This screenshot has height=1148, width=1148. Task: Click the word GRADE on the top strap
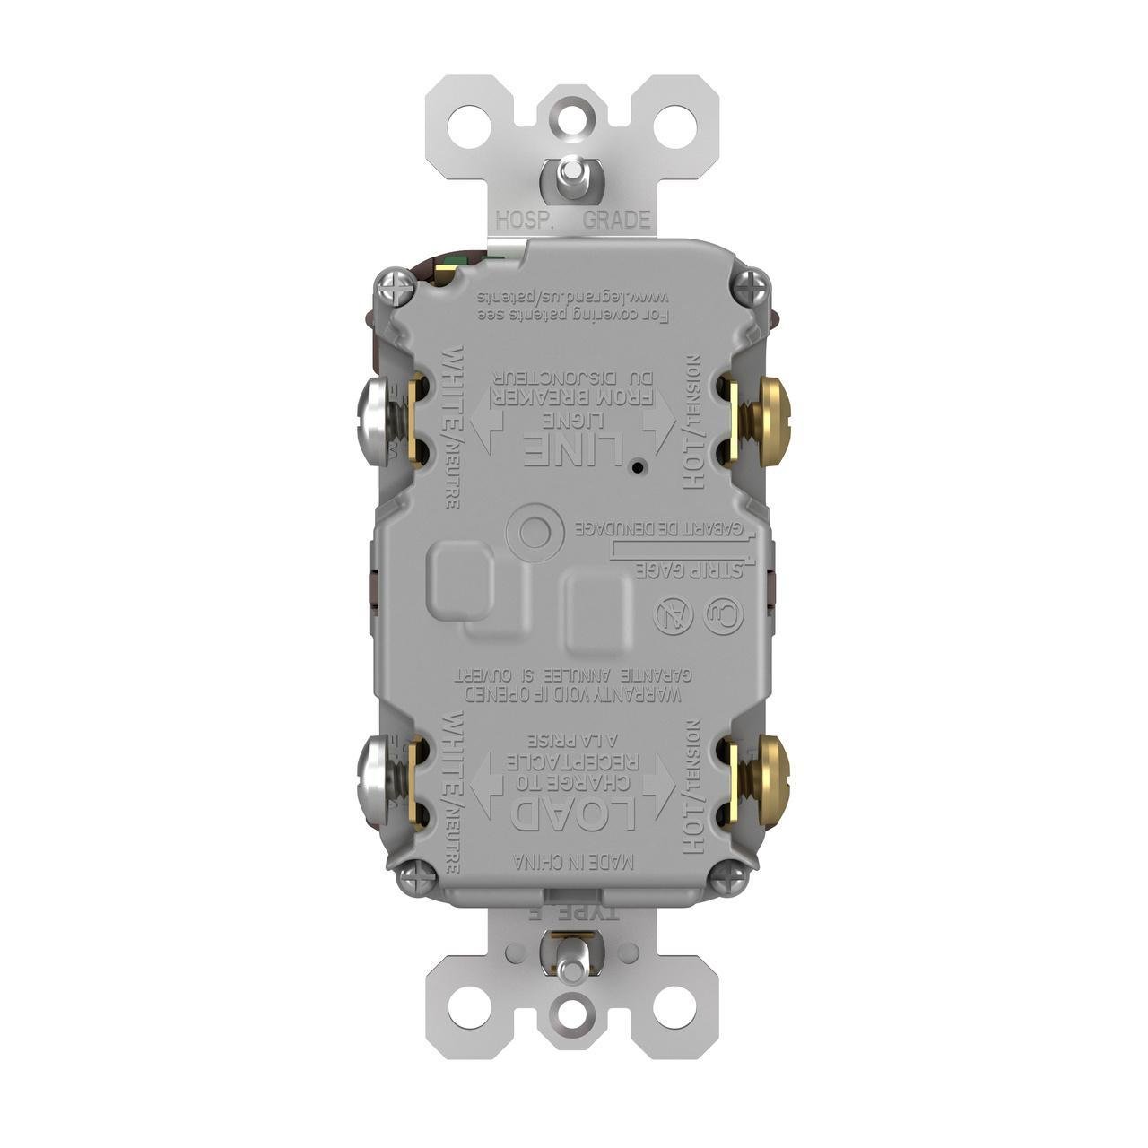click(x=616, y=221)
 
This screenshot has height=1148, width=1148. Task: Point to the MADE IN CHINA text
click(x=574, y=862)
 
